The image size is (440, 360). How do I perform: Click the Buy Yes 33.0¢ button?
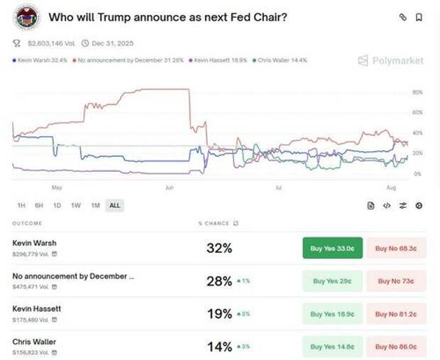pyautogui.click(x=332, y=249)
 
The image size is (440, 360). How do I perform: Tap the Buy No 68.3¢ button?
pyautogui.click(x=396, y=249)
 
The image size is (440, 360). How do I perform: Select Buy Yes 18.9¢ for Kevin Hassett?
pyautogui.click(x=332, y=314)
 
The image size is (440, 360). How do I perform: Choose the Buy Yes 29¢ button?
pyautogui.click(x=332, y=281)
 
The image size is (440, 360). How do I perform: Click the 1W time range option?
pyautogui.click(x=76, y=205)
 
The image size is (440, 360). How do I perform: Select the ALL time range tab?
pyautogui.click(x=114, y=205)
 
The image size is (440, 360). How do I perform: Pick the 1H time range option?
pyautogui.click(x=21, y=205)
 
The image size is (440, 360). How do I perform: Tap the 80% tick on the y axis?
pyautogui.click(x=417, y=92)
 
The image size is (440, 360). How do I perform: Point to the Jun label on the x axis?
pyautogui.click(x=168, y=188)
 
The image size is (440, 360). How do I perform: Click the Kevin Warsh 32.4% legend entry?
pyautogui.click(x=40, y=60)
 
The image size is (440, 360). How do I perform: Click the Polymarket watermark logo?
pyautogui.click(x=390, y=60)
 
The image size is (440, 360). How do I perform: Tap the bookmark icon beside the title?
pyautogui.click(x=419, y=17)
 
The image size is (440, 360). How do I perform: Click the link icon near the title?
pyautogui.click(x=402, y=17)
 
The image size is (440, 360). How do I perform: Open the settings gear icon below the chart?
pyautogui.click(x=419, y=205)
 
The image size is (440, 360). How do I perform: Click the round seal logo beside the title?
pyautogui.click(x=26, y=17)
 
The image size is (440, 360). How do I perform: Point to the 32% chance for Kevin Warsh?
pyautogui.click(x=219, y=249)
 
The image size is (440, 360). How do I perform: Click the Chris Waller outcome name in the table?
pyautogui.click(x=34, y=342)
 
